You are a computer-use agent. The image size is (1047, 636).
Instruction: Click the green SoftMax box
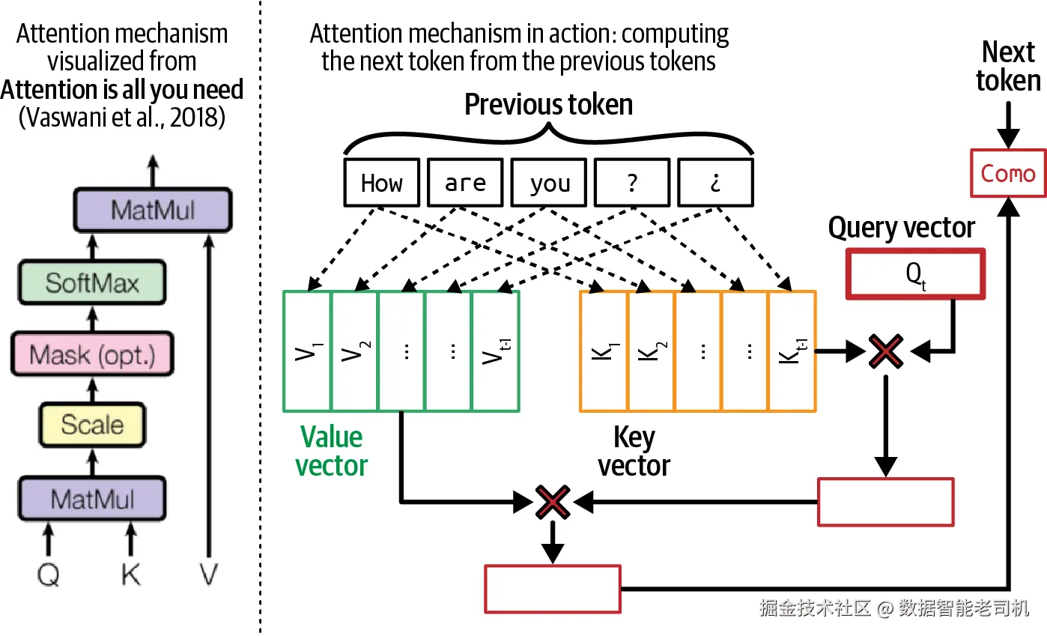coord(92,282)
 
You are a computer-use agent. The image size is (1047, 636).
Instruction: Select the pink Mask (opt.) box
coord(92,354)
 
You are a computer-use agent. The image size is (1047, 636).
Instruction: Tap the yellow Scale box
coord(92,425)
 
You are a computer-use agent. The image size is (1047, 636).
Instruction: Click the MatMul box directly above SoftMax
coord(153,210)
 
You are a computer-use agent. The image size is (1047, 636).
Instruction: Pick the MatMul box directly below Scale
coord(92,498)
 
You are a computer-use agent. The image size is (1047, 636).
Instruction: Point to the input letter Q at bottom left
coord(48,575)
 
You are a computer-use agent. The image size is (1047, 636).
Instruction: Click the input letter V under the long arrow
coord(208,574)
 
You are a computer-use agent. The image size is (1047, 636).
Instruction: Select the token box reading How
coord(382,182)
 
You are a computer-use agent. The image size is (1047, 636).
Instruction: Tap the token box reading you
coord(549,182)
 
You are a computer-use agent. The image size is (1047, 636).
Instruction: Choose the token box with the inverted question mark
coord(716,182)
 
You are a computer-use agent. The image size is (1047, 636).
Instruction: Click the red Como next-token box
coord(1008,173)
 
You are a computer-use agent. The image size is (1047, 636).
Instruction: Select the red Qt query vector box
coord(916,274)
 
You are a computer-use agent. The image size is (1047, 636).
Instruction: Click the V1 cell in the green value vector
coord(307,351)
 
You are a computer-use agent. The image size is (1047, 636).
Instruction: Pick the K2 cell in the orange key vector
coord(652,351)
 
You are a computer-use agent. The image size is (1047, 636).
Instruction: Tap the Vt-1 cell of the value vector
coord(496,351)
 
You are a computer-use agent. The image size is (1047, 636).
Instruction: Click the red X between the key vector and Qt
coord(886,351)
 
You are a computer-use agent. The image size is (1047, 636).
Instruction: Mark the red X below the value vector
coord(553,502)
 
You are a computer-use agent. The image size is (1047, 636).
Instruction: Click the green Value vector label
coord(331,451)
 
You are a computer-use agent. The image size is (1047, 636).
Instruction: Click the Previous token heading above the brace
coord(549,104)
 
